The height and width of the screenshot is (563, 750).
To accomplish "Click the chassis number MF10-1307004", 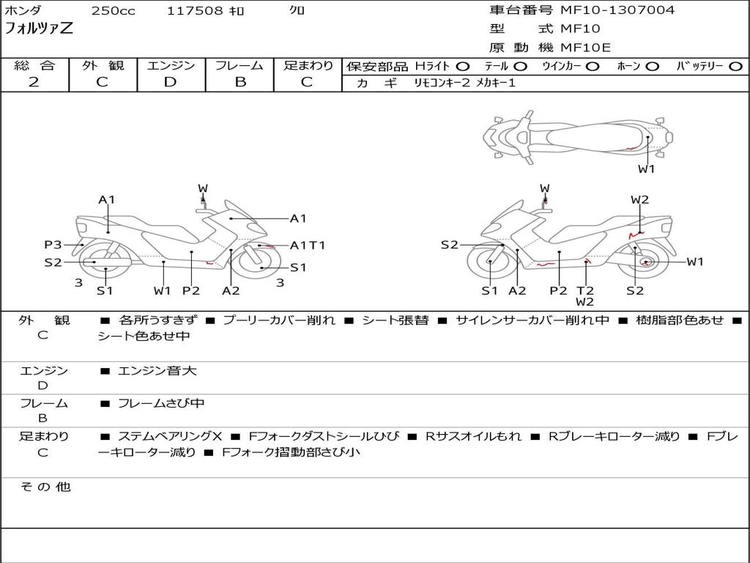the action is pyautogui.click(x=617, y=10).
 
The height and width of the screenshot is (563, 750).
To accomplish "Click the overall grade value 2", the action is pyautogui.click(x=34, y=82).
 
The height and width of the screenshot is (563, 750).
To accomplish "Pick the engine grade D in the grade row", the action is pyautogui.click(x=171, y=82).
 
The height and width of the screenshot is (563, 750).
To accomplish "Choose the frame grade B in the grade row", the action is pyautogui.click(x=240, y=82).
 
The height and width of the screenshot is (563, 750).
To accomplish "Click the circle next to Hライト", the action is pyautogui.click(x=463, y=67).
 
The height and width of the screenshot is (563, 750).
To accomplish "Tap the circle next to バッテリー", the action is pyautogui.click(x=735, y=67).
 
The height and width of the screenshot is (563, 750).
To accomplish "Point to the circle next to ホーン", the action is pyautogui.click(x=652, y=67).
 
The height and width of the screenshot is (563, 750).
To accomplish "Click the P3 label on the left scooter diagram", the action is pyautogui.click(x=53, y=245).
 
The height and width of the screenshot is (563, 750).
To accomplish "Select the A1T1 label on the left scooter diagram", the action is pyautogui.click(x=308, y=246).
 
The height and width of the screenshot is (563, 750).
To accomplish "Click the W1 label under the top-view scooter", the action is pyautogui.click(x=646, y=169).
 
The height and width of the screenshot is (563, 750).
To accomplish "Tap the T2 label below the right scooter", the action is pyautogui.click(x=584, y=290).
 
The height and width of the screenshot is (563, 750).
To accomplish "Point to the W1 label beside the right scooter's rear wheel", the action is pyautogui.click(x=694, y=262).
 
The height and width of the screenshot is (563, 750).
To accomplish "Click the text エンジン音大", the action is pyautogui.click(x=157, y=371).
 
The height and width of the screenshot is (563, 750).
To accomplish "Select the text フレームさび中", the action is pyautogui.click(x=161, y=403).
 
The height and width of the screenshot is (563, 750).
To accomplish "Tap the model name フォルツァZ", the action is pyautogui.click(x=39, y=29).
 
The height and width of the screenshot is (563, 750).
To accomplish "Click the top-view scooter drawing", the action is pyautogui.click(x=577, y=136).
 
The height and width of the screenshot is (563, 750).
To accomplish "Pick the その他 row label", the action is pyautogui.click(x=45, y=487).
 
